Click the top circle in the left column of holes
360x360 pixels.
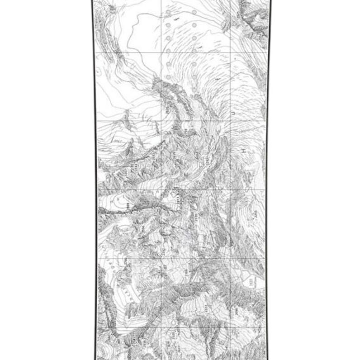pyautogui.click(x=168, y=13)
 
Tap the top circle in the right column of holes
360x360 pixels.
pyautogui.click(x=194, y=13)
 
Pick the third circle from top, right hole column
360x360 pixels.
pyautogui.click(x=194, y=38)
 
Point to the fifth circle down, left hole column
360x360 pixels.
pyautogui.click(x=168, y=64)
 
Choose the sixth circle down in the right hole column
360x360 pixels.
pyautogui.click(x=194, y=77)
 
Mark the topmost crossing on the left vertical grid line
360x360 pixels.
pyautogui.click(x=161, y=52)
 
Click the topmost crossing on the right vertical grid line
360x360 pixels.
pyautogui.click(x=231, y=52)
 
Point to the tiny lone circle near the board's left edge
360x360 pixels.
pyautogui.click(x=98, y=71)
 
